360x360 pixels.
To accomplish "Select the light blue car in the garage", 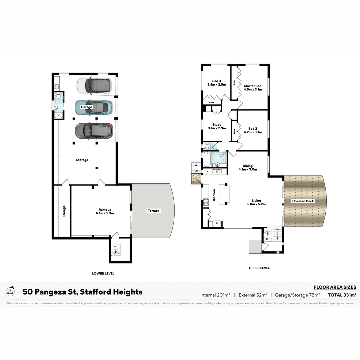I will click(94, 107).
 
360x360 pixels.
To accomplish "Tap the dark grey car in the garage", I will click(93, 131).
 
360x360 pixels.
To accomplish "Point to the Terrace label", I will click(154, 211).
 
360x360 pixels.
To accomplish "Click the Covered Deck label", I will click(303, 201).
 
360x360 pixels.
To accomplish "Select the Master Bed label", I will click(253, 86).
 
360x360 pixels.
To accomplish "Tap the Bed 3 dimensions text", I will click(217, 85).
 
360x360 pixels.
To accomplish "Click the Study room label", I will click(217, 125).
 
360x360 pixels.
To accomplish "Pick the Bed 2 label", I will click(253, 128).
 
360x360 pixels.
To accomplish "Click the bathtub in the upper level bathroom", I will click(206, 160).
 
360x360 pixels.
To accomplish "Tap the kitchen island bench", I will click(225, 194).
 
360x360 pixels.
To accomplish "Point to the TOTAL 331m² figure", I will click(342, 295).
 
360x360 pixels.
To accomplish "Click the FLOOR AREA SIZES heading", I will click(335, 287).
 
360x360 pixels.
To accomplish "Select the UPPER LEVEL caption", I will click(259, 268).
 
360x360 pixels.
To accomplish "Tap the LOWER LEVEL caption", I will click(103, 273).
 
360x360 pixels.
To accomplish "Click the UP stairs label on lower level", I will click(116, 247).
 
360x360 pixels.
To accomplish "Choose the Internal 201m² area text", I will click(215, 295).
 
